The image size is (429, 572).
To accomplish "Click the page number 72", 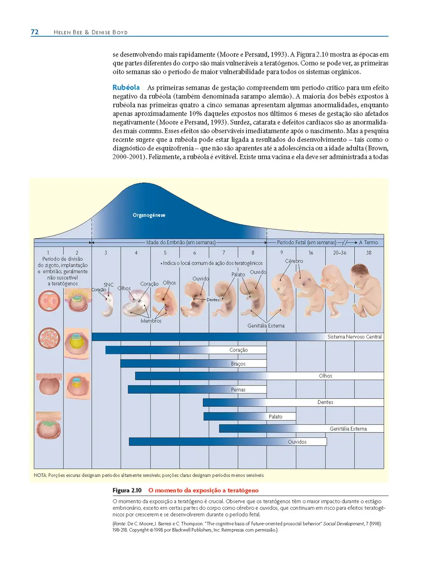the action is [x=35, y=32].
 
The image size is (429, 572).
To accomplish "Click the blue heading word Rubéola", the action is [x=126, y=88].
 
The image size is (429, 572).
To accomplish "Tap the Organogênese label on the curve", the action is [x=149, y=215].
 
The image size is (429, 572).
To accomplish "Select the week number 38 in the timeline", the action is [x=369, y=252].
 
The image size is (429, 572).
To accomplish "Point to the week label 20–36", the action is [x=340, y=252].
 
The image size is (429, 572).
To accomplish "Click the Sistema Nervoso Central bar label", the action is [x=355, y=337].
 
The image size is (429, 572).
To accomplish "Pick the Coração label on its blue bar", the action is [x=239, y=350].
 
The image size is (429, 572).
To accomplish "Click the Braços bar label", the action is [x=238, y=364].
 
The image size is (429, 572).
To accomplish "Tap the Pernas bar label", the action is [x=238, y=390].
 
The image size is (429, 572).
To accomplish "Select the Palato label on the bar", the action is [x=276, y=417].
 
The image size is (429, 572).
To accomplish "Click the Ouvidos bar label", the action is [x=297, y=442].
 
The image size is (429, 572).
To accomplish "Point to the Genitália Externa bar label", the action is [x=349, y=429].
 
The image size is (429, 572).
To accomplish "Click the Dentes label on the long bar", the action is [x=325, y=402].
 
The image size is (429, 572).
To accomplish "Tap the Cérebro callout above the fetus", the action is [x=294, y=261].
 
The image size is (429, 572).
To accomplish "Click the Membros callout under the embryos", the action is [x=151, y=321].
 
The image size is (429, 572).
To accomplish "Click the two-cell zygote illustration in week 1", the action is [x=49, y=301].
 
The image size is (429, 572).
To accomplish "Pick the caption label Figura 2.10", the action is [x=127, y=490].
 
